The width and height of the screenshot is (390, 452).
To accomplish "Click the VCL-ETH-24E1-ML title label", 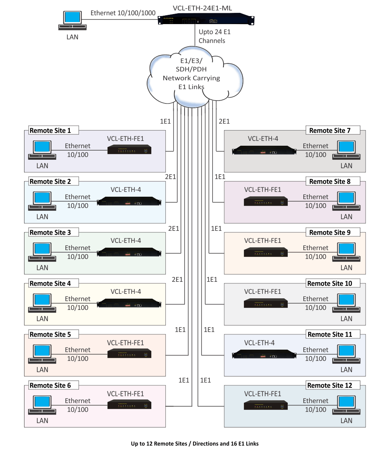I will coord(203,8).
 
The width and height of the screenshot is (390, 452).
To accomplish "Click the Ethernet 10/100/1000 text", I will coord(123,13).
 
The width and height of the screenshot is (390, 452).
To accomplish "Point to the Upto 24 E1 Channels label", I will coord(215,36).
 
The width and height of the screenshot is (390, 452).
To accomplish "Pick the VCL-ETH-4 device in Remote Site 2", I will coord(129,201).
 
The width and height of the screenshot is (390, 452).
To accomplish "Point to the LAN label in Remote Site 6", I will coord(42,421).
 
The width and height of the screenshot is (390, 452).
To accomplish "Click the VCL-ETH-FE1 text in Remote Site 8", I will coord(263,190).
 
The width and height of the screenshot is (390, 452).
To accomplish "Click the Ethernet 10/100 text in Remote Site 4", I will coord(78,303).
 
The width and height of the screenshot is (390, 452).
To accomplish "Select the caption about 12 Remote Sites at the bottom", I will coord(195,444).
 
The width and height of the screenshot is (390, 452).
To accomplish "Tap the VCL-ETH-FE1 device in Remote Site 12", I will coord(266,405).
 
